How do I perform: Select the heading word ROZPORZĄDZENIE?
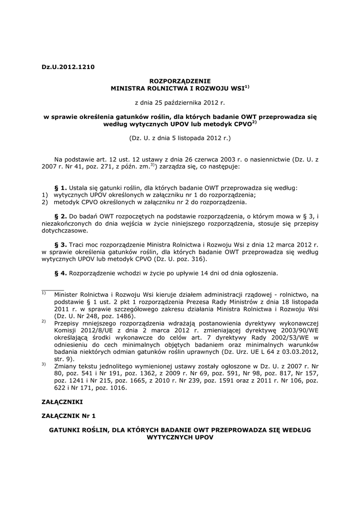[180, 80]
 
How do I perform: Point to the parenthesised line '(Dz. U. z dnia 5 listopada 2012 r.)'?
[180, 137]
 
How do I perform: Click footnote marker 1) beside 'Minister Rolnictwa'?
[44, 293]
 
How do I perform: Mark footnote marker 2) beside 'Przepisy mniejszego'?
[44, 321]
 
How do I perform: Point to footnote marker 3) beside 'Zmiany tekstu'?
[44, 364]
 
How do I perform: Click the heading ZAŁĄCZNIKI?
[62, 401]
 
